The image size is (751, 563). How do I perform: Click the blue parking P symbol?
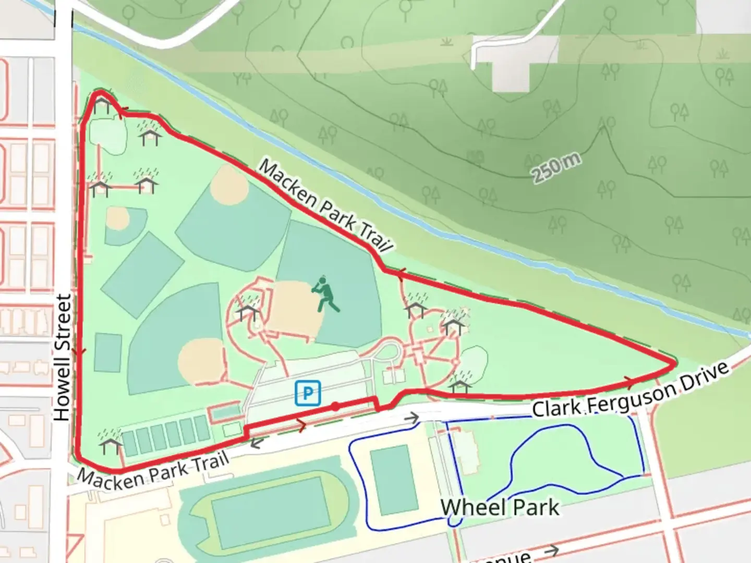308,393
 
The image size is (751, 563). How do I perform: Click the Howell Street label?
63,358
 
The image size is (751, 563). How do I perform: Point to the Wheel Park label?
500,507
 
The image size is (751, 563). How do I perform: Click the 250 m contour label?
556,168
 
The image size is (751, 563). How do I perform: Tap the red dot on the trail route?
335,406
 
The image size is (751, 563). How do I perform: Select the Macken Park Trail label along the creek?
324,206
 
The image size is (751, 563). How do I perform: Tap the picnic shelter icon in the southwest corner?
110,443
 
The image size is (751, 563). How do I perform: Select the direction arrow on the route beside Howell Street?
79,352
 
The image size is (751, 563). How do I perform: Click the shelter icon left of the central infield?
247,311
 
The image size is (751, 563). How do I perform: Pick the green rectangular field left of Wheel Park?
394,480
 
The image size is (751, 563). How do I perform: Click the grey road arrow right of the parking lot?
412,418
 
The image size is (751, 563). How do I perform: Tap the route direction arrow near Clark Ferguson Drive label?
628,382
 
